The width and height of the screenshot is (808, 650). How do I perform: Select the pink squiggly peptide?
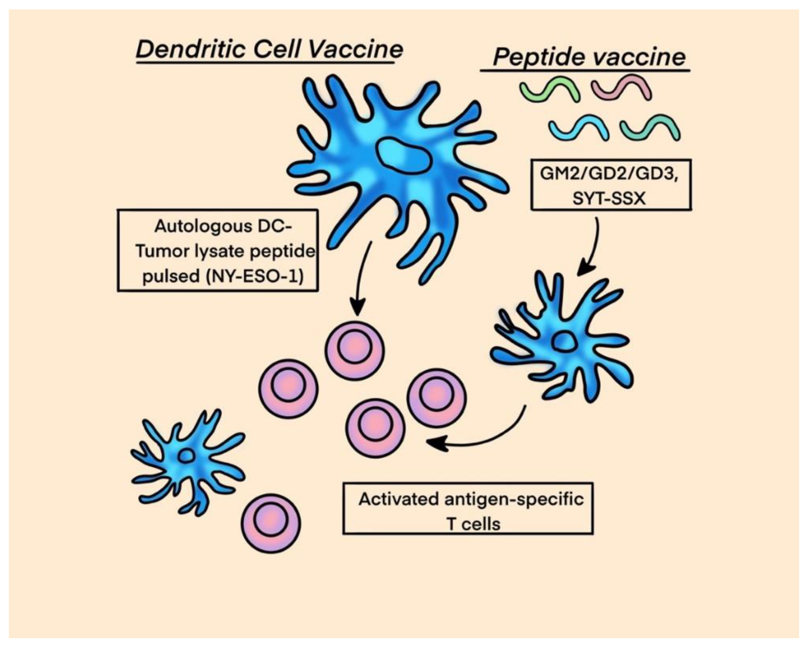(622, 88)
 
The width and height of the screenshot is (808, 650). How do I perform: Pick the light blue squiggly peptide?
(579, 128)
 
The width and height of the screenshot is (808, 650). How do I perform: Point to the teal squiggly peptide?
(650, 128)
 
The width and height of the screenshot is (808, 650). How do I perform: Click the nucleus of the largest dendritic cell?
(404, 155)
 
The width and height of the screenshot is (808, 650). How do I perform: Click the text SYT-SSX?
(609, 198)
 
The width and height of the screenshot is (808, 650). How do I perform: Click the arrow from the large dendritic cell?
(361, 278)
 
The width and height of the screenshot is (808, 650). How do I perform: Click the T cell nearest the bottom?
(271, 523)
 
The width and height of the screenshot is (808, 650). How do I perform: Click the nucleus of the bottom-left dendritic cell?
(186, 456)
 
